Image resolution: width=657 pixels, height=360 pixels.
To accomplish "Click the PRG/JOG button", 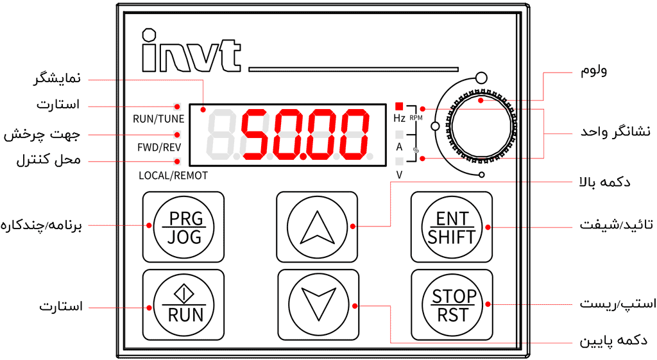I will [185, 227].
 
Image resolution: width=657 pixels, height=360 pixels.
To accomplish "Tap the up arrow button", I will [316, 227].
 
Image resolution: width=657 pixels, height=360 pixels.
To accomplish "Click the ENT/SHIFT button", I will [452, 227].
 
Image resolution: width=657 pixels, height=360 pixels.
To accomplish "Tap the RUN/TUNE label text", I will [158, 119].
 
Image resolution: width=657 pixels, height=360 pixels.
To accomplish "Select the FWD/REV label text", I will [158, 147].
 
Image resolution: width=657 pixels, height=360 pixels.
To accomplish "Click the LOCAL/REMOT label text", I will [173, 175].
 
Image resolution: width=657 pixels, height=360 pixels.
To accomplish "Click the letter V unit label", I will [399, 175].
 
